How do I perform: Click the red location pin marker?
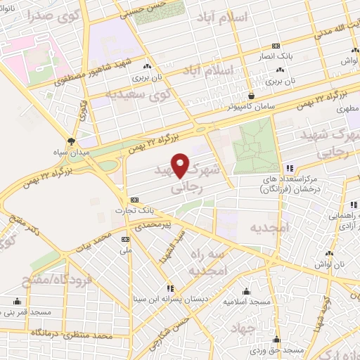[181, 165]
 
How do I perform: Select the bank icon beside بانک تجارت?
[134, 199]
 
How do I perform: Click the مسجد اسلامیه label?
[247, 302]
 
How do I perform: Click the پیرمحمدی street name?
[162, 224]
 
